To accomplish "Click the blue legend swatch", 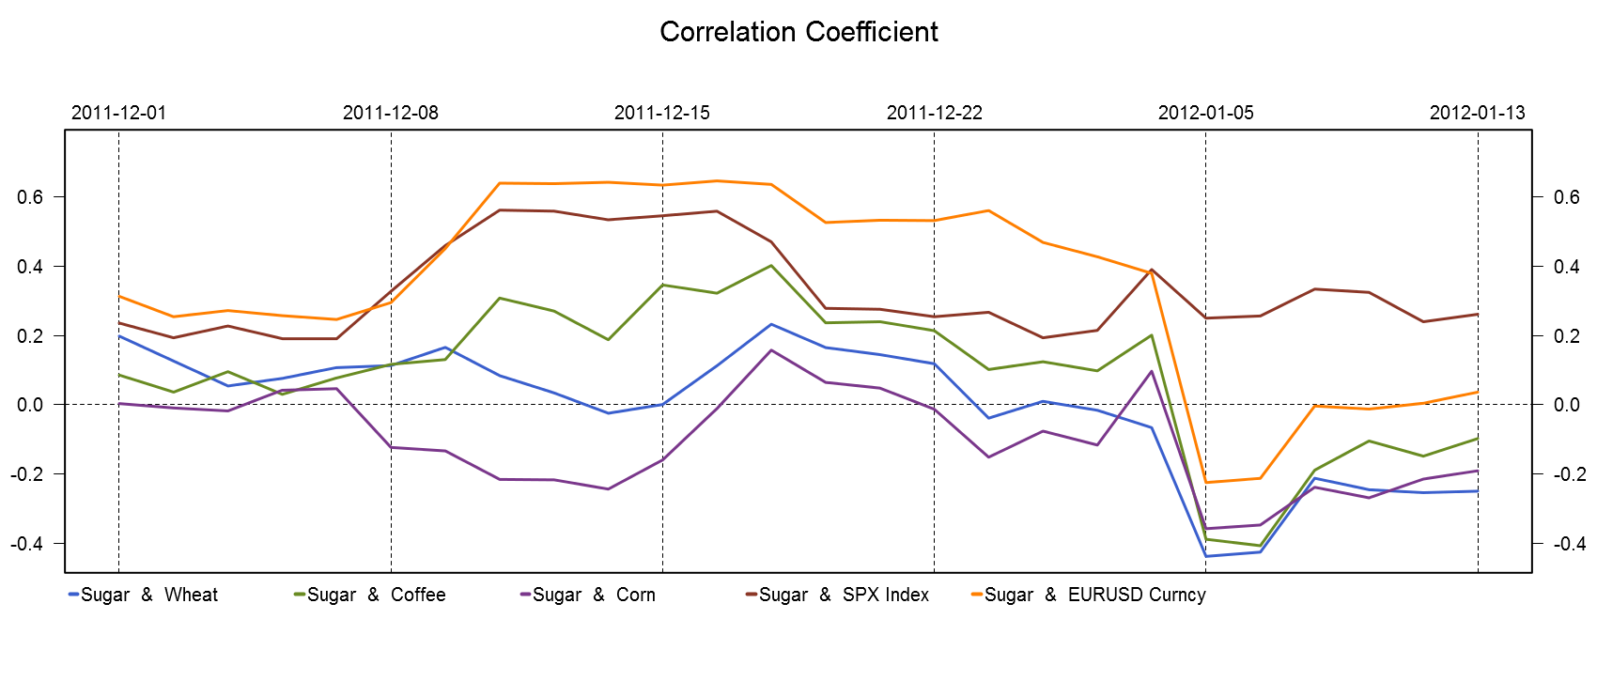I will coord(74,594).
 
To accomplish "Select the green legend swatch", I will coord(300,594).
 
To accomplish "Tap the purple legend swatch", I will coord(525,594).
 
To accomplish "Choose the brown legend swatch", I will coord(752,594).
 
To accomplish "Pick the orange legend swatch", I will coord(977,594).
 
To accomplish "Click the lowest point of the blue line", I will coord(1206,556).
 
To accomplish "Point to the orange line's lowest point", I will coord(1206,483).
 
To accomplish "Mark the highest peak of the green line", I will coord(771,266).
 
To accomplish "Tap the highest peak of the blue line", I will coord(771,324).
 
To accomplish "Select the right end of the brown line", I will coord(1478,315).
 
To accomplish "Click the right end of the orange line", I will coord(1478,392).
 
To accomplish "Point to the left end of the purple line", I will coord(118,403).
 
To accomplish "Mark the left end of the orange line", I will coord(118,296).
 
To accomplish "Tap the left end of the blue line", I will coord(118,336).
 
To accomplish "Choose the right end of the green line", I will coord(1478,439).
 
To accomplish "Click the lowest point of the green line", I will coord(1260,546).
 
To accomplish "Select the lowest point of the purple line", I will coord(1206,529).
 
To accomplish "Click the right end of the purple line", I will coord(1478,471).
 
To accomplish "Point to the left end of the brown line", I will coord(118,323).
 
